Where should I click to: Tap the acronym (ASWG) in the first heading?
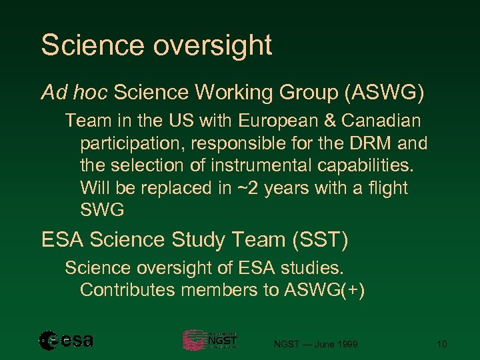pos(383,93)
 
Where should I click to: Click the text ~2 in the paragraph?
pos(253,188)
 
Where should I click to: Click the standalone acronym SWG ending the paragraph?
pos(102,211)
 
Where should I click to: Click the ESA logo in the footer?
pos(66,341)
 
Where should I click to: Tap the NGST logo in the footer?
pos(211,340)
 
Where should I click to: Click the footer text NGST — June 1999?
pos(316,344)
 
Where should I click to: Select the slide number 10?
pos(441,344)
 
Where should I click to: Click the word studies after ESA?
pos(316,268)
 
